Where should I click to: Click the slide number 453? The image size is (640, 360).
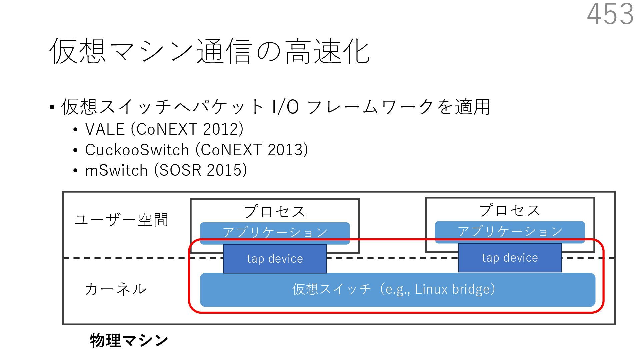[x=610, y=14]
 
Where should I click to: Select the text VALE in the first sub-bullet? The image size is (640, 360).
[x=105, y=129]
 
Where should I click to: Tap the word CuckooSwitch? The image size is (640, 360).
[x=137, y=150]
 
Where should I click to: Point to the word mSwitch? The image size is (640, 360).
[x=116, y=170]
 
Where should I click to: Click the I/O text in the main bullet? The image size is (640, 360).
[x=285, y=107]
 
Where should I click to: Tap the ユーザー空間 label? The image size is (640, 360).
[x=121, y=220]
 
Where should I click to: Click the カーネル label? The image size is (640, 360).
[x=115, y=289]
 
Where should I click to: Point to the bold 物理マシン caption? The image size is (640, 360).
[x=129, y=340]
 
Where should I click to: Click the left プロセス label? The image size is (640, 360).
[x=275, y=211]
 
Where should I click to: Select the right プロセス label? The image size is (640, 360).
[x=510, y=210]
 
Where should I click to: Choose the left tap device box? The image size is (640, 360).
[x=275, y=259]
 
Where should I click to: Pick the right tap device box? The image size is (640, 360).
[x=510, y=258]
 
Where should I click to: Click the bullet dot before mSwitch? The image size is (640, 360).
[x=75, y=171]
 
